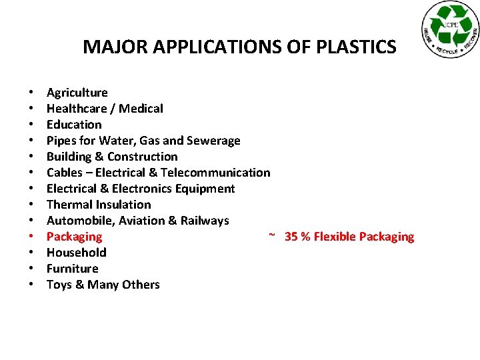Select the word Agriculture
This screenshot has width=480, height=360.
pyautogui.click(x=77, y=93)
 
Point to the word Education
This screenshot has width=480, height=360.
pyautogui.click(x=74, y=125)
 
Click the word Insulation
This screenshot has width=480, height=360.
pyautogui.click(x=126, y=205)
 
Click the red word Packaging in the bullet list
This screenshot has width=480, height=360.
pyautogui.click(x=74, y=237)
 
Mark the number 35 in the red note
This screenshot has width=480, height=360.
pyautogui.click(x=291, y=237)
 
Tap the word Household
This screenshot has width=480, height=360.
pyautogui.click(x=76, y=253)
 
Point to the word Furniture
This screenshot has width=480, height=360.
pyautogui.click(x=72, y=269)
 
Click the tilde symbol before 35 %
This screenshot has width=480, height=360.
pyautogui.click(x=272, y=235)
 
